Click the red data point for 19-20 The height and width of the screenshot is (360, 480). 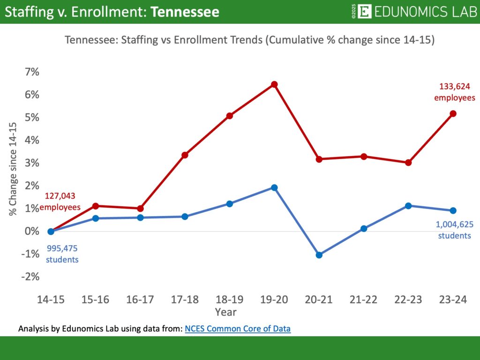274,84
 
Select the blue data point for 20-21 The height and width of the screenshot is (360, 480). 319,255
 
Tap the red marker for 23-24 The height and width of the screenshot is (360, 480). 453,113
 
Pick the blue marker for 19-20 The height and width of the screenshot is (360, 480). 274,187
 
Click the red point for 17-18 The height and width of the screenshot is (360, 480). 185,155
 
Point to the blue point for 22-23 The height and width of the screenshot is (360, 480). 408,206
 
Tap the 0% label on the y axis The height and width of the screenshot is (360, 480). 32,231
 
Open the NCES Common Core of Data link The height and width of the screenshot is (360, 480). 238,329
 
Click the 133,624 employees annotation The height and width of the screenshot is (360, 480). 454,92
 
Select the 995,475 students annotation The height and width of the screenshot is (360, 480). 62,253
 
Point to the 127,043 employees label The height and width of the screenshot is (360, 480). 60,201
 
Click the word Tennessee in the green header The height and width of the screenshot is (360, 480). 185,12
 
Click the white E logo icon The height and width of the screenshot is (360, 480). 364,12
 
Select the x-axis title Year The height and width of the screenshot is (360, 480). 225,312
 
